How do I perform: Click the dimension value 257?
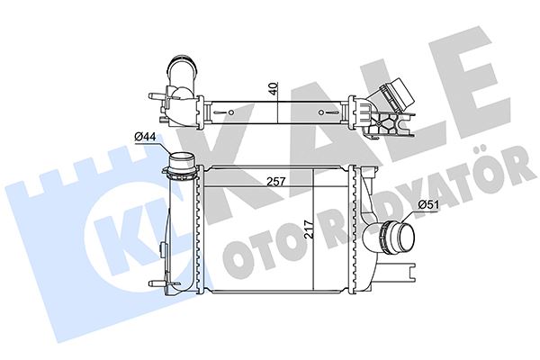[277, 181]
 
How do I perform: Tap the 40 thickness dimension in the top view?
[270, 89]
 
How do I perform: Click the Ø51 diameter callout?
[429, 204]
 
